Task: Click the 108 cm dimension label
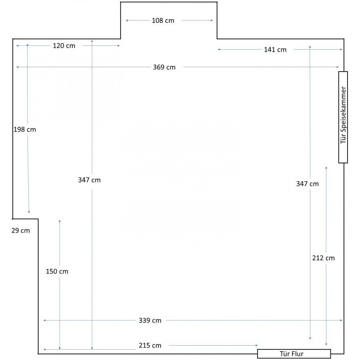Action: pos(163,21)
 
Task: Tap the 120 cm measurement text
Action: pos(64,46)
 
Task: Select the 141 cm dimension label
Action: pos(275,50)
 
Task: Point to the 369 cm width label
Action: pos(164,67)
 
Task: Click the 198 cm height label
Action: pos(25,130)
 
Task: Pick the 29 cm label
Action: pos(21,230)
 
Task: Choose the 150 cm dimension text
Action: pos(57,271)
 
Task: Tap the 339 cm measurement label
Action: pos(150,320)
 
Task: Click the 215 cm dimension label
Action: pos(150,346)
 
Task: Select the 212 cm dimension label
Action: pos(323,258)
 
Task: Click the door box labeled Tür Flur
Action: pos(294,354)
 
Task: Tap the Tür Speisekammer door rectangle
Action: pos(343,117)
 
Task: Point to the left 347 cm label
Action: pos(89,180)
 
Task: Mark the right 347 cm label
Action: pos(308,184)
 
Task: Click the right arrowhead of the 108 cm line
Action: pos(212,20)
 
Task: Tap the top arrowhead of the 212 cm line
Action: pos(326,168)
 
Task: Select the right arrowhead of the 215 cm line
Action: pos(257,345)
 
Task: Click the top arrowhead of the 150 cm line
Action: pos(60,221)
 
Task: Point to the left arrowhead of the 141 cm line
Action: pos(219,49)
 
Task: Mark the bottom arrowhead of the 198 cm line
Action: pos(29,212)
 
